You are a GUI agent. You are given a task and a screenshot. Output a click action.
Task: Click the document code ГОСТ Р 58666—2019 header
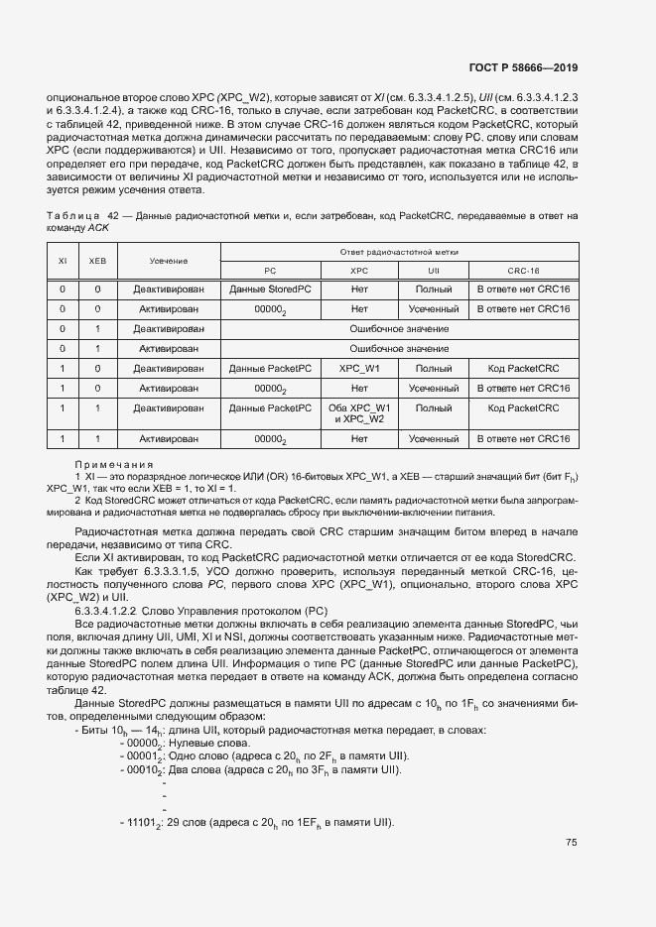(522, 67)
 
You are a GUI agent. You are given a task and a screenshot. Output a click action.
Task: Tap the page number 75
(572, 843)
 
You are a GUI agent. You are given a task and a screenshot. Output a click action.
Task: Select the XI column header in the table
(63, 260)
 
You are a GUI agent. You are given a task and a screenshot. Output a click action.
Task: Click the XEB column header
(97, 260)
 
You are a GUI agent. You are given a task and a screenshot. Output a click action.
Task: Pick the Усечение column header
(170, 260)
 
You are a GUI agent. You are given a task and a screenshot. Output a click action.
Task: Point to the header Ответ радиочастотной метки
(399, 251)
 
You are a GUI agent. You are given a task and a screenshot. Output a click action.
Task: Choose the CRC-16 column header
(523, 270)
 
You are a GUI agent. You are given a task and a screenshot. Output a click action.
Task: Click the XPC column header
(359, 270)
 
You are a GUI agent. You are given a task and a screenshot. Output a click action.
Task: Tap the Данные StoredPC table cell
(270, 289)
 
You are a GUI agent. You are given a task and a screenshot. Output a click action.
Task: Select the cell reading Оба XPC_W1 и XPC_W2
(359, 413)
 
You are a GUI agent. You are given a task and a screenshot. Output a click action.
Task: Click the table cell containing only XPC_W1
(359, 369)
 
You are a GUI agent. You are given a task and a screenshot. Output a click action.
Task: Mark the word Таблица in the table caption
(72, 215)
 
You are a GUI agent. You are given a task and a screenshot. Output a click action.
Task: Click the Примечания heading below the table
(114, 464)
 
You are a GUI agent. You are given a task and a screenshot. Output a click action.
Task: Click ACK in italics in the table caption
(97, 227)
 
